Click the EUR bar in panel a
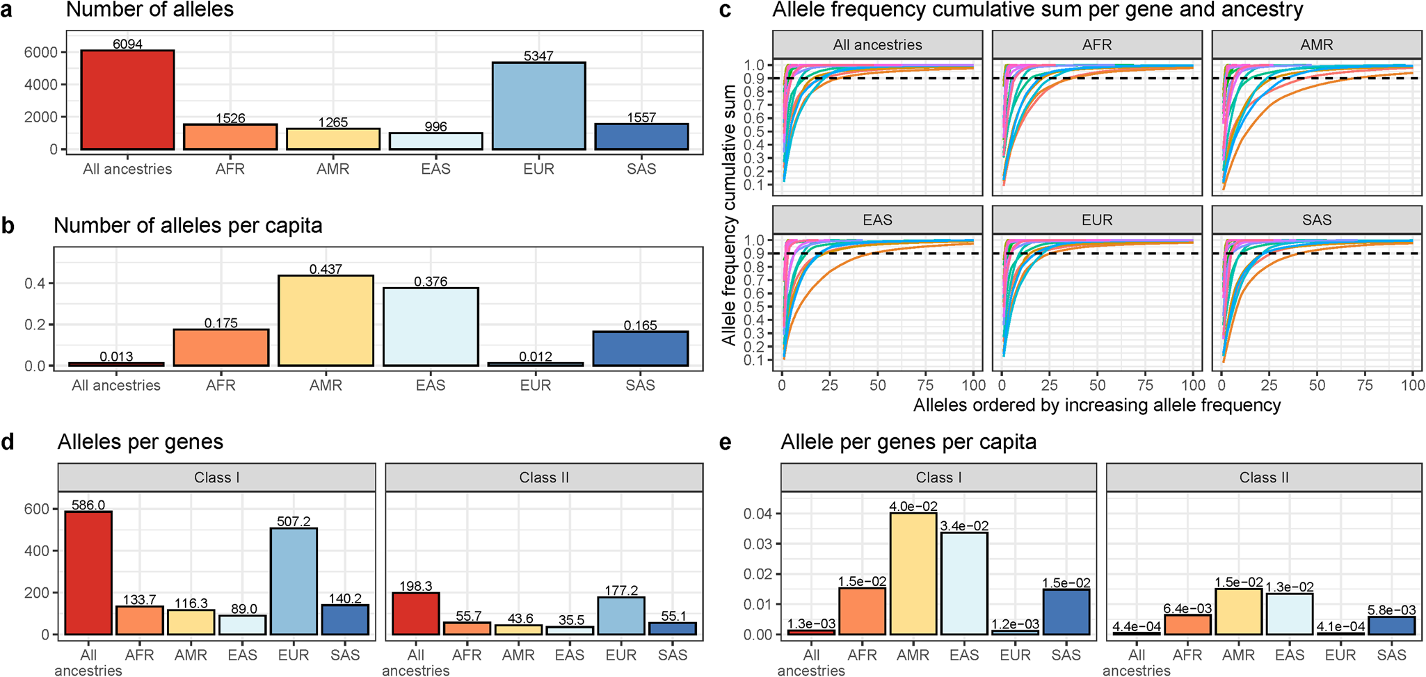538,106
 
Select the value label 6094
127,44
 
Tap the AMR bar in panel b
326,320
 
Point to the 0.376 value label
431,282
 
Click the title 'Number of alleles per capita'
188,226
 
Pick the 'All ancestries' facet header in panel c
877,45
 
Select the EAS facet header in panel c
877,220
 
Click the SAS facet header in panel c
1316,220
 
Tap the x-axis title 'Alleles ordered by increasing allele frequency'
1096,405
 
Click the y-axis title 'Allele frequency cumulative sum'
728,215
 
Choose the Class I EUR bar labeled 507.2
294,581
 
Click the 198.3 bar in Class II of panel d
415,614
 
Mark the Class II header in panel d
544,478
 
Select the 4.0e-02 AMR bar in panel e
913,573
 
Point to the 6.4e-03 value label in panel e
1187,609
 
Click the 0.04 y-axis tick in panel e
758,514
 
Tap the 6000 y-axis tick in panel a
40,52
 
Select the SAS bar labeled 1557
641,136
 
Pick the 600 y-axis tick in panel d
40,509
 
